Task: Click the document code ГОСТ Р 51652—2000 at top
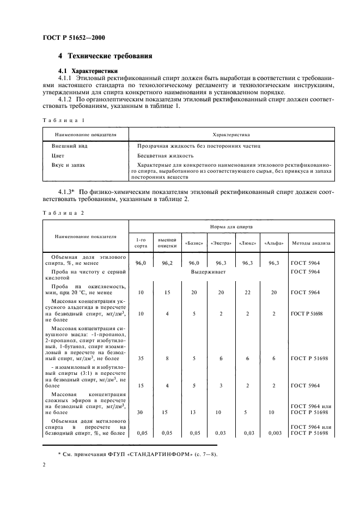pyautogui.click(x=74, y=38)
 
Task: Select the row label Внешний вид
pyautogui.click(x=69, y=146)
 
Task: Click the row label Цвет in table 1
pyautogui.click(x=58, y=156)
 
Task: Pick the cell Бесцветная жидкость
pyautogui.click(x=163, y=156)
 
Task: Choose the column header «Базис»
pyautogui.click(x=191, y=243)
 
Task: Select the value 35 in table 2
pyautogui.click(x=141, y=360)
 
